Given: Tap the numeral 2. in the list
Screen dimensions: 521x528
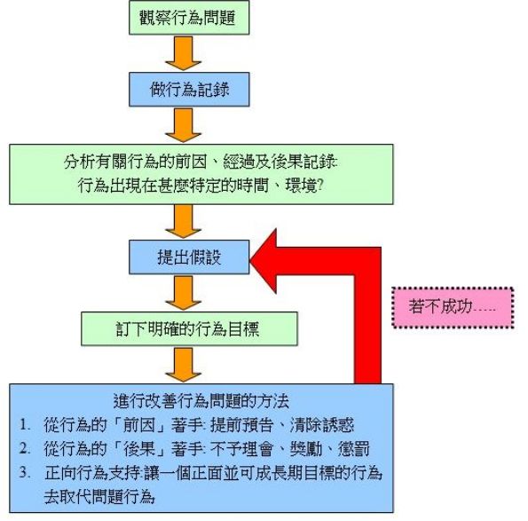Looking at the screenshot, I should pos(28,446).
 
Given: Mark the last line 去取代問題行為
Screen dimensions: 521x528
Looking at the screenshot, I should pos(108,494).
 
